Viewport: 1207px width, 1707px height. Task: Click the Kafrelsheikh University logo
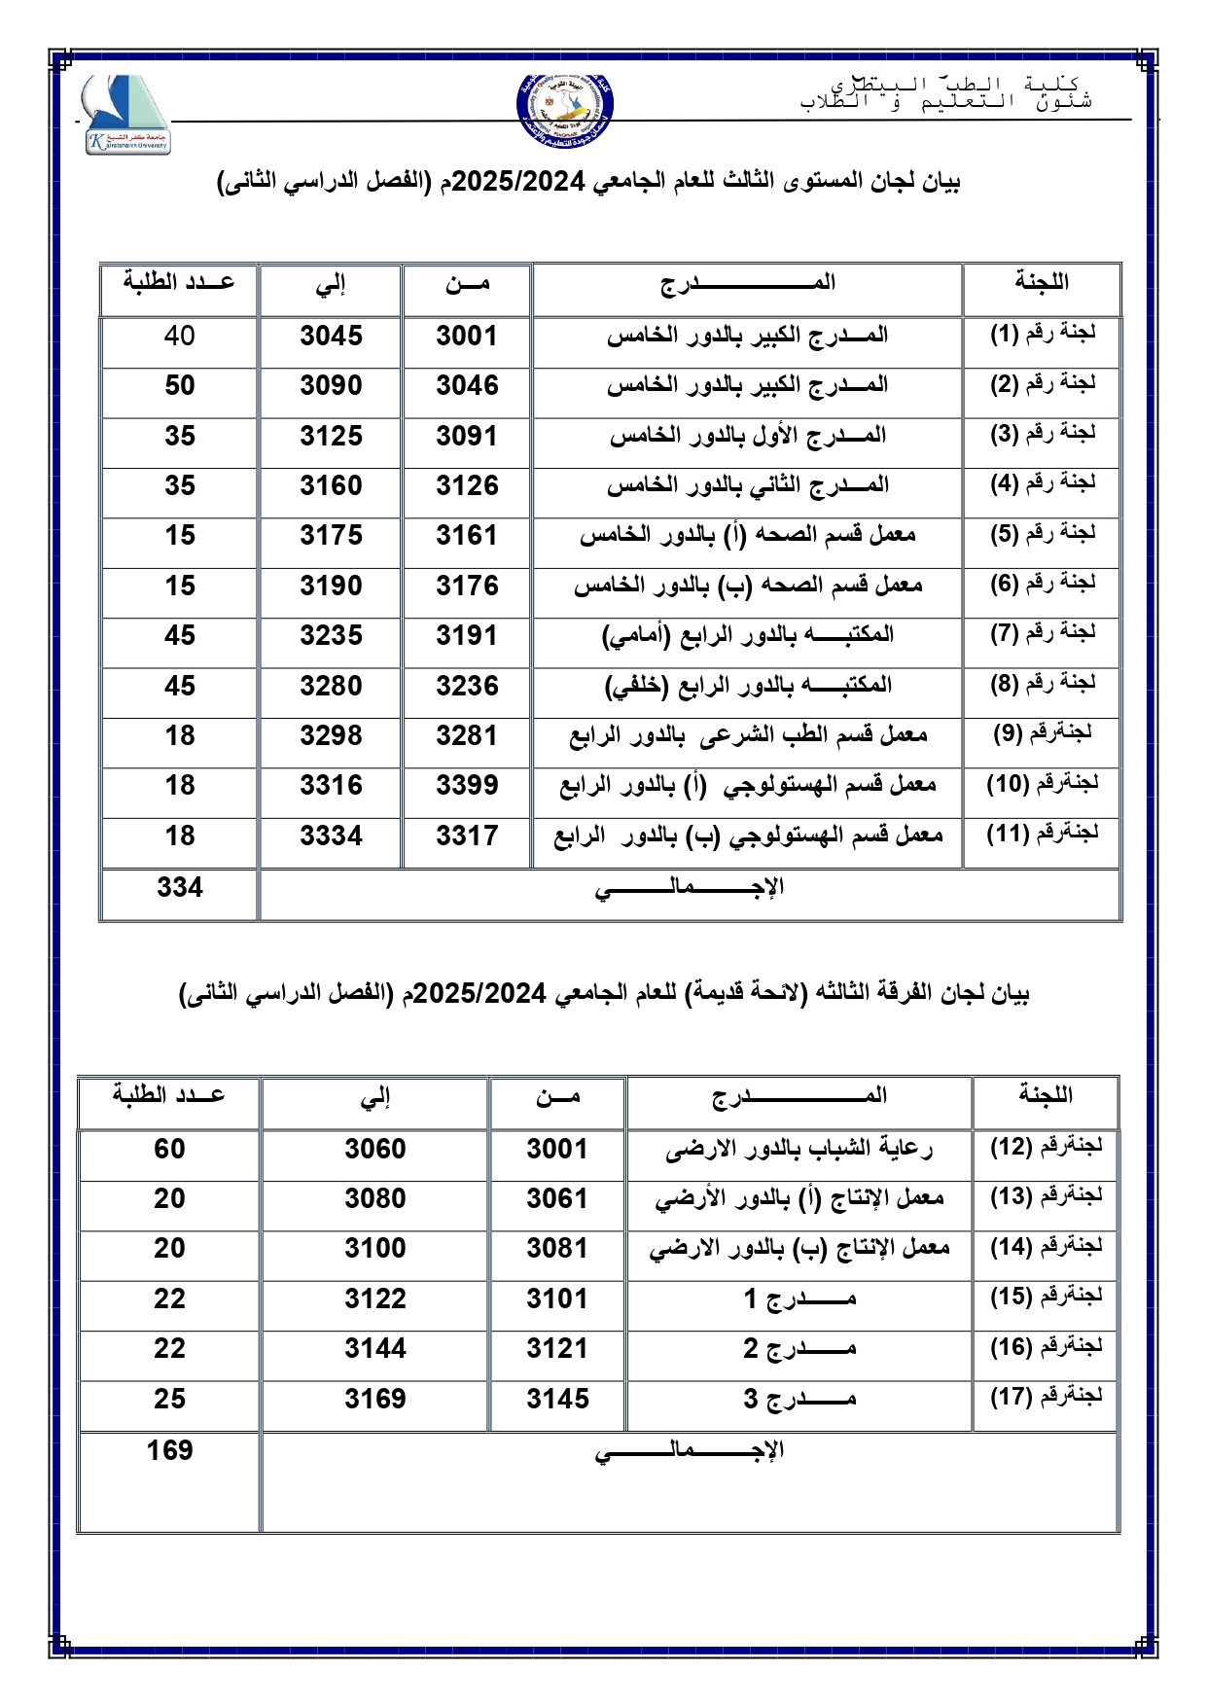(125, 115)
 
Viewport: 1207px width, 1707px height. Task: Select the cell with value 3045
(331, 337)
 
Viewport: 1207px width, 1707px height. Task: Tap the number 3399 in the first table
(467, 786)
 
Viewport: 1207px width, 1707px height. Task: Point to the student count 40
(180, 337)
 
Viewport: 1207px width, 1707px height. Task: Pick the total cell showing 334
(180, 888)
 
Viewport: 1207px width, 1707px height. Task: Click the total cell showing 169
(170, 1451)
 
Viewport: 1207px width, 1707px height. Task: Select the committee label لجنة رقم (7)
(1043, 633)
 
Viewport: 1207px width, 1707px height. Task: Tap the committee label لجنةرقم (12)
(1047, 1148)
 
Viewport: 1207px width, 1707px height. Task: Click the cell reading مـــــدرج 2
(799, 1349)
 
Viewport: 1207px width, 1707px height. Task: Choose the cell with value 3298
(331, 736)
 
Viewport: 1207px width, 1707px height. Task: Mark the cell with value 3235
(331, 636)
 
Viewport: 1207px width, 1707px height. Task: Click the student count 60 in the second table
(169, 1150)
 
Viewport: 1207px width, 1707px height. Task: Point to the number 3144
(375, 1349)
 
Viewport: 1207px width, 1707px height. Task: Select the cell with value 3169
(375, 1400)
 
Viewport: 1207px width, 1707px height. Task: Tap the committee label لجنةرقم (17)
(1047, 1398)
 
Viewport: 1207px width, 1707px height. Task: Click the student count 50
(180, 386)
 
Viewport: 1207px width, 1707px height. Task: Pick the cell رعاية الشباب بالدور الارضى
(799, 1150)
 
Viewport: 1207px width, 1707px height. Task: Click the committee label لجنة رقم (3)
(1043, 434)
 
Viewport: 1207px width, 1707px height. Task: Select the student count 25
(169, 1400)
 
